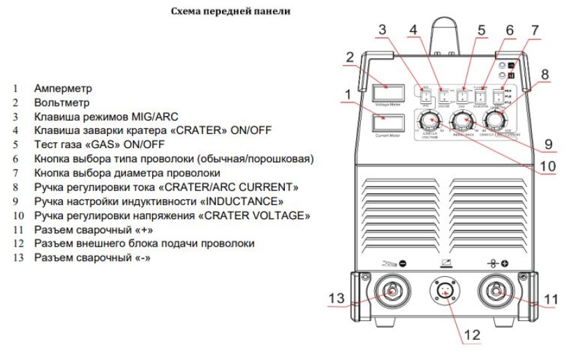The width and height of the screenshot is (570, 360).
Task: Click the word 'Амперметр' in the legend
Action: coord(63,88)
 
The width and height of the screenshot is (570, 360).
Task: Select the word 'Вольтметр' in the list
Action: coord(62,103)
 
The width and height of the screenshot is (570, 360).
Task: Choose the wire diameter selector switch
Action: coord(498,97)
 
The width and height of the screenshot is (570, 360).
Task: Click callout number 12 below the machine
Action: coord(472,334)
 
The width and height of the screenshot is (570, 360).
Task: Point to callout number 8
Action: coord(545,74)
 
